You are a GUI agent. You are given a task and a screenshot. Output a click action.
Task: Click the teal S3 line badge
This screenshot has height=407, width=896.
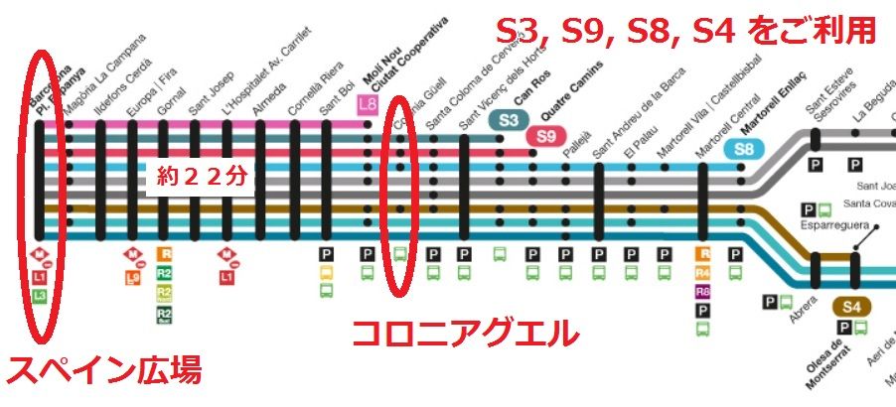(509, 120)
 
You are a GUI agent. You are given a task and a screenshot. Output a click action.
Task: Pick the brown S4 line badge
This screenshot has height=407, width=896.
(852, 307)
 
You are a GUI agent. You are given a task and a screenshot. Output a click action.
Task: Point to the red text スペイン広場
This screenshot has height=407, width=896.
(103, 371)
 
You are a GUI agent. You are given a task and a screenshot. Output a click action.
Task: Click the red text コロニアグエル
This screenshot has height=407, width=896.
(465, 332)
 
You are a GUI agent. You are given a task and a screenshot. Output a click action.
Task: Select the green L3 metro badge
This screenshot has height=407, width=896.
(39, 295)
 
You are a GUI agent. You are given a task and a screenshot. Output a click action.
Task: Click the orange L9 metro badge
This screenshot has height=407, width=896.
(132, 279)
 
